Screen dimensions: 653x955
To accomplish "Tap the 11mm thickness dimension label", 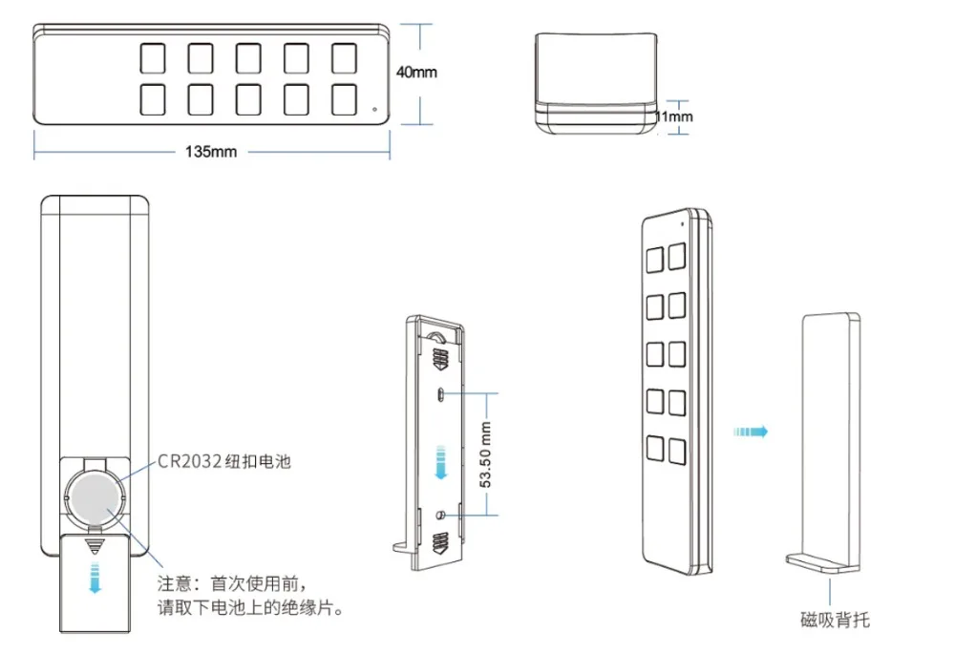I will pos(674,116).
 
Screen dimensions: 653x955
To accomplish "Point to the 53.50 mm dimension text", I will pos(486,455).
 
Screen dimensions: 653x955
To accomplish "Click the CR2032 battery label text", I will pos(223,461).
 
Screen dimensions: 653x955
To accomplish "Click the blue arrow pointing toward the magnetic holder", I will pos(750,432).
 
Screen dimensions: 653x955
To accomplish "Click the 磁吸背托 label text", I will pos(836,621).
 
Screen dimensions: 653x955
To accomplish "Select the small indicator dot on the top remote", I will pos(375,108).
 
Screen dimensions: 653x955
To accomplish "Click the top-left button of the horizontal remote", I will pos(153,58).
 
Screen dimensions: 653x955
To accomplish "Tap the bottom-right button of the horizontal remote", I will pos(344,99).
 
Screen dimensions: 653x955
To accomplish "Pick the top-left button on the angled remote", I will pos(656,260).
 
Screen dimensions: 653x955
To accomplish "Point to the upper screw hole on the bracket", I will pos(439,393).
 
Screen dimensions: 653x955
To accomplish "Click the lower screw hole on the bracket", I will pos(439,516).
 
